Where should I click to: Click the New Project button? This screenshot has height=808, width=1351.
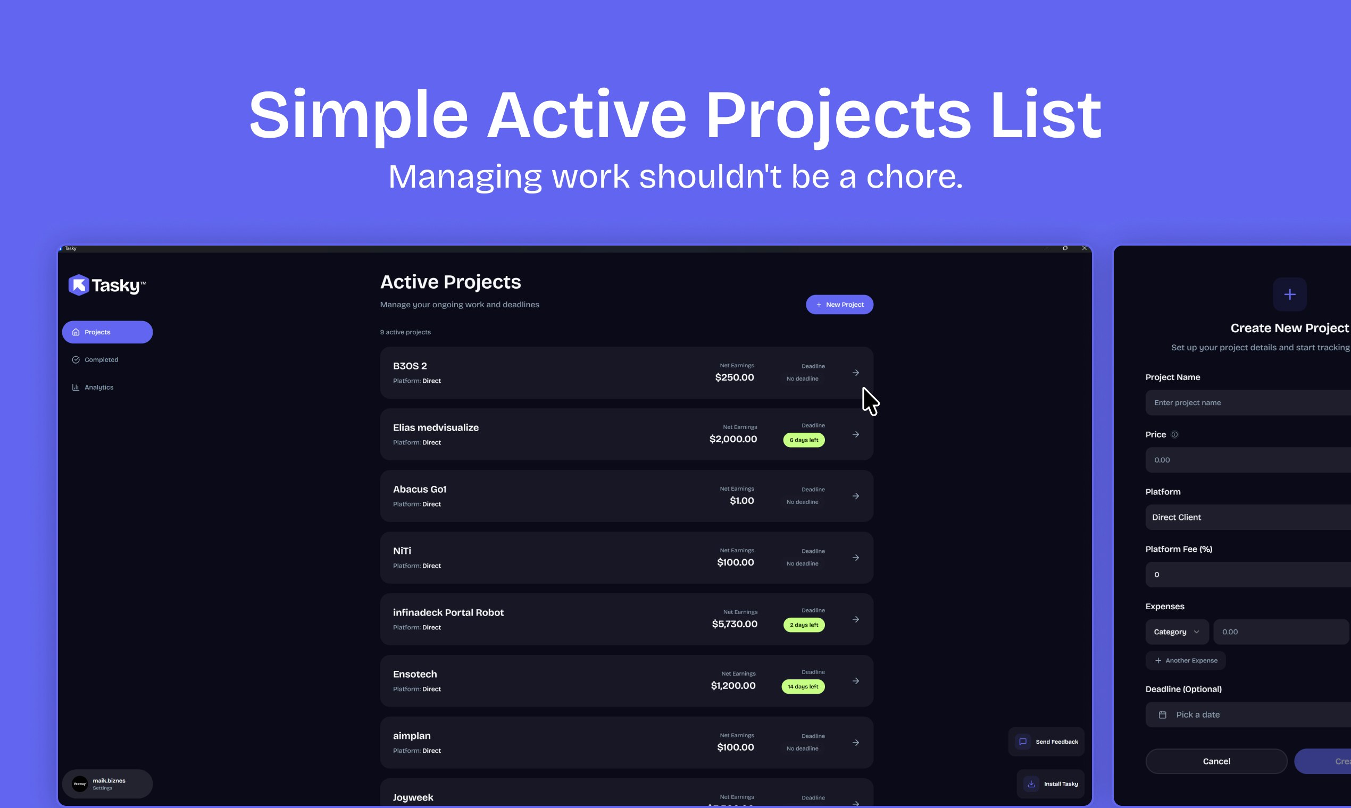[839, 305]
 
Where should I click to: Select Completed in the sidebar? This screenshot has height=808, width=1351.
[101, 360]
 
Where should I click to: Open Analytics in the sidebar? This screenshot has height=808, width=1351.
[98, 387]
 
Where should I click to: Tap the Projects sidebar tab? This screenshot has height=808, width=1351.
[107, 332]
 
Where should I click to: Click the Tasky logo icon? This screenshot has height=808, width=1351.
[78, 285]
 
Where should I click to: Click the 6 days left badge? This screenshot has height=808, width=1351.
[804, 440]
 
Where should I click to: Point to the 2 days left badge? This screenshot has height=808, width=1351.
[804, 625]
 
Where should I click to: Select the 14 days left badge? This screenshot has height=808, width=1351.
[803, 687]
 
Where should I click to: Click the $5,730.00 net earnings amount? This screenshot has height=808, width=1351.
[735, 624]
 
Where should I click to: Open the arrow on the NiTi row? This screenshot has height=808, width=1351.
[855, 558]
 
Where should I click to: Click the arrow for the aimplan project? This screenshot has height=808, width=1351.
[855, 743]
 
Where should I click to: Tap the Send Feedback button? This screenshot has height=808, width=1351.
[1046, 742]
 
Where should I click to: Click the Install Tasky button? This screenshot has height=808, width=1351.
[1051, 784]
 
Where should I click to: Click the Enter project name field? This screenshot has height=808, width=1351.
[1247, 402]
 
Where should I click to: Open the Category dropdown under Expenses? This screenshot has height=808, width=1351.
[1177, 632]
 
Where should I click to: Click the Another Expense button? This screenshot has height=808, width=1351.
[1186, 660]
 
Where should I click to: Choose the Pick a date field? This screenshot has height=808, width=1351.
[1247, 714]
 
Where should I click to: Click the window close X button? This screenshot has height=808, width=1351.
[1084, 248]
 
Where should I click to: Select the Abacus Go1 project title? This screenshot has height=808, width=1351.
[420, 489]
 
